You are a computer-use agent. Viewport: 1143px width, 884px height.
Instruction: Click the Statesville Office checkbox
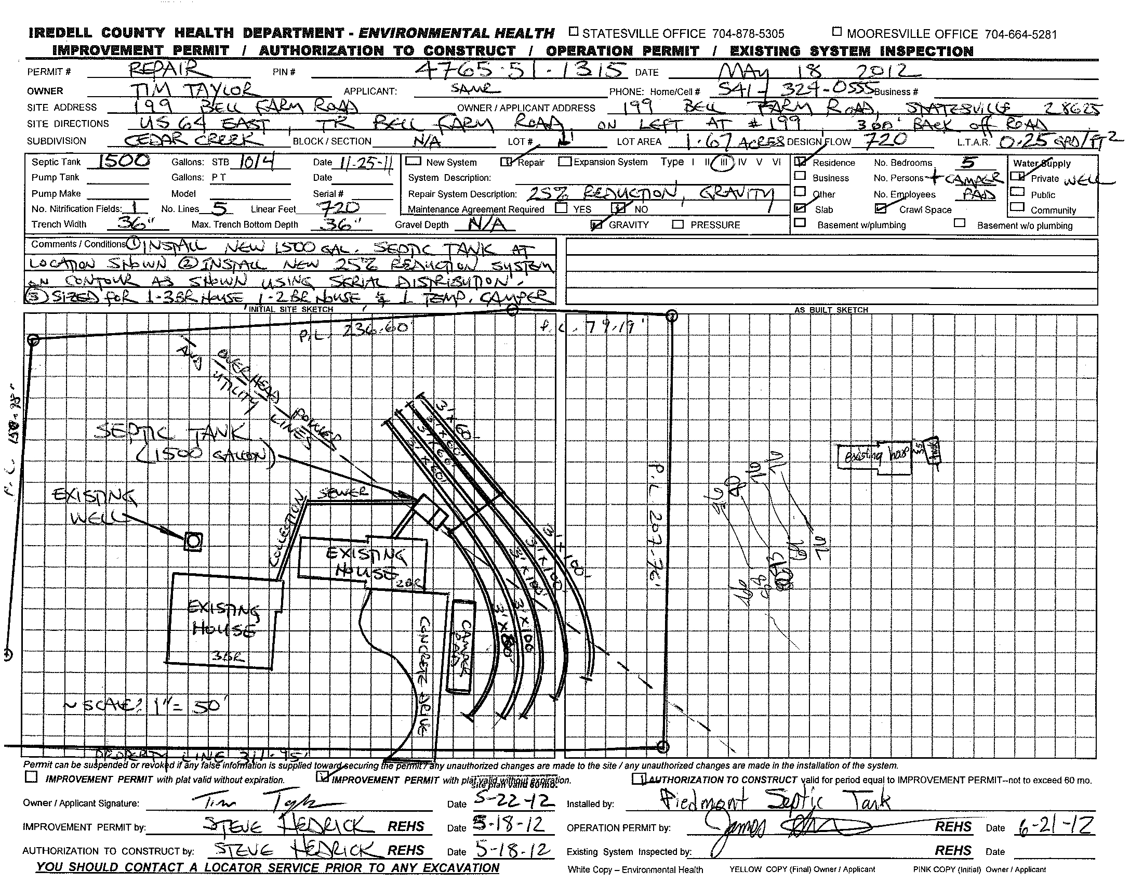click(x=574, y=32)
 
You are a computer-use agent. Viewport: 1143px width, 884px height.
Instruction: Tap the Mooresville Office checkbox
click(x=837, y=32)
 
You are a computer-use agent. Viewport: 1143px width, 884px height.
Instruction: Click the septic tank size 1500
click(x=118, y=161)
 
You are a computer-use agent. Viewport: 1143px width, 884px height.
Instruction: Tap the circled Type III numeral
click(x=723, y=162)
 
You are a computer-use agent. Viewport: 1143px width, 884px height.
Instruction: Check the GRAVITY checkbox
click(x=595, y=225)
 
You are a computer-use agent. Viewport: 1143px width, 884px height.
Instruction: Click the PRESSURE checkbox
click(x=677, y=225)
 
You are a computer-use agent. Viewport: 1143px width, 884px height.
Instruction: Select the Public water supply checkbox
click(x=1017, y=193)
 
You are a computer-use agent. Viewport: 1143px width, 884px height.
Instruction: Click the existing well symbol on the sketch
click(x=193, y=541)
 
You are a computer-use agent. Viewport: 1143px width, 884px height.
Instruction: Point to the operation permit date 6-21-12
click(x=1056, y=825)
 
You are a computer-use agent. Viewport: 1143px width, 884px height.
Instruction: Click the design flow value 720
click(x=885, y=140)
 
